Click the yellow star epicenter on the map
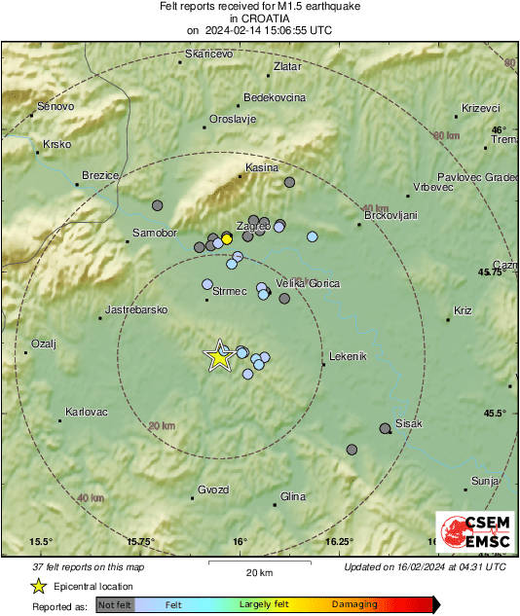(219, 356)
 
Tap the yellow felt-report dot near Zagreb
(227, 238)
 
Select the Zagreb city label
(252, 226)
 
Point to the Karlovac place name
(86, 412)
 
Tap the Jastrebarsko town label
(134, 309)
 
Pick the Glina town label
(292, 496)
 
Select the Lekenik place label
(348, 356)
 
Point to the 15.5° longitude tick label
(40, 541)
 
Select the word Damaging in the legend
(354, 604)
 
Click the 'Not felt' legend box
(116, 604)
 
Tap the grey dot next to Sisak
(385, 428)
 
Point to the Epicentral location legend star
(38, 586)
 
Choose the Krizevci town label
(480, 108)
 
